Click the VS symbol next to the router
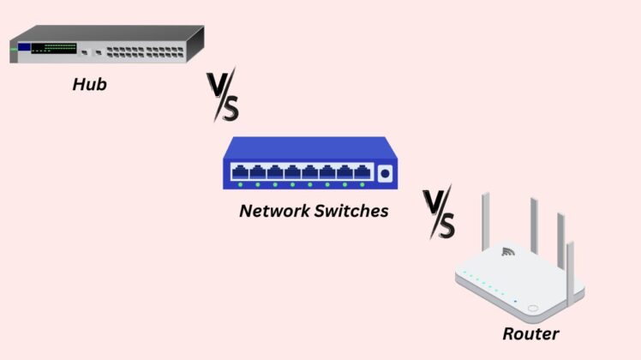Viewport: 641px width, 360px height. point(439,213)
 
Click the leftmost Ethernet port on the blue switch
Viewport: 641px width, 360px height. point(239,171)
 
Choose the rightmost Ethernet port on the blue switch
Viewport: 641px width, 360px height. point(363,171)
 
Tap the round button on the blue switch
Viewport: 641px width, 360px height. point(385,173)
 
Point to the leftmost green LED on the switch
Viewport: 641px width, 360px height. point(240,184)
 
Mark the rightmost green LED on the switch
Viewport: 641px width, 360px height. point(363,184)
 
